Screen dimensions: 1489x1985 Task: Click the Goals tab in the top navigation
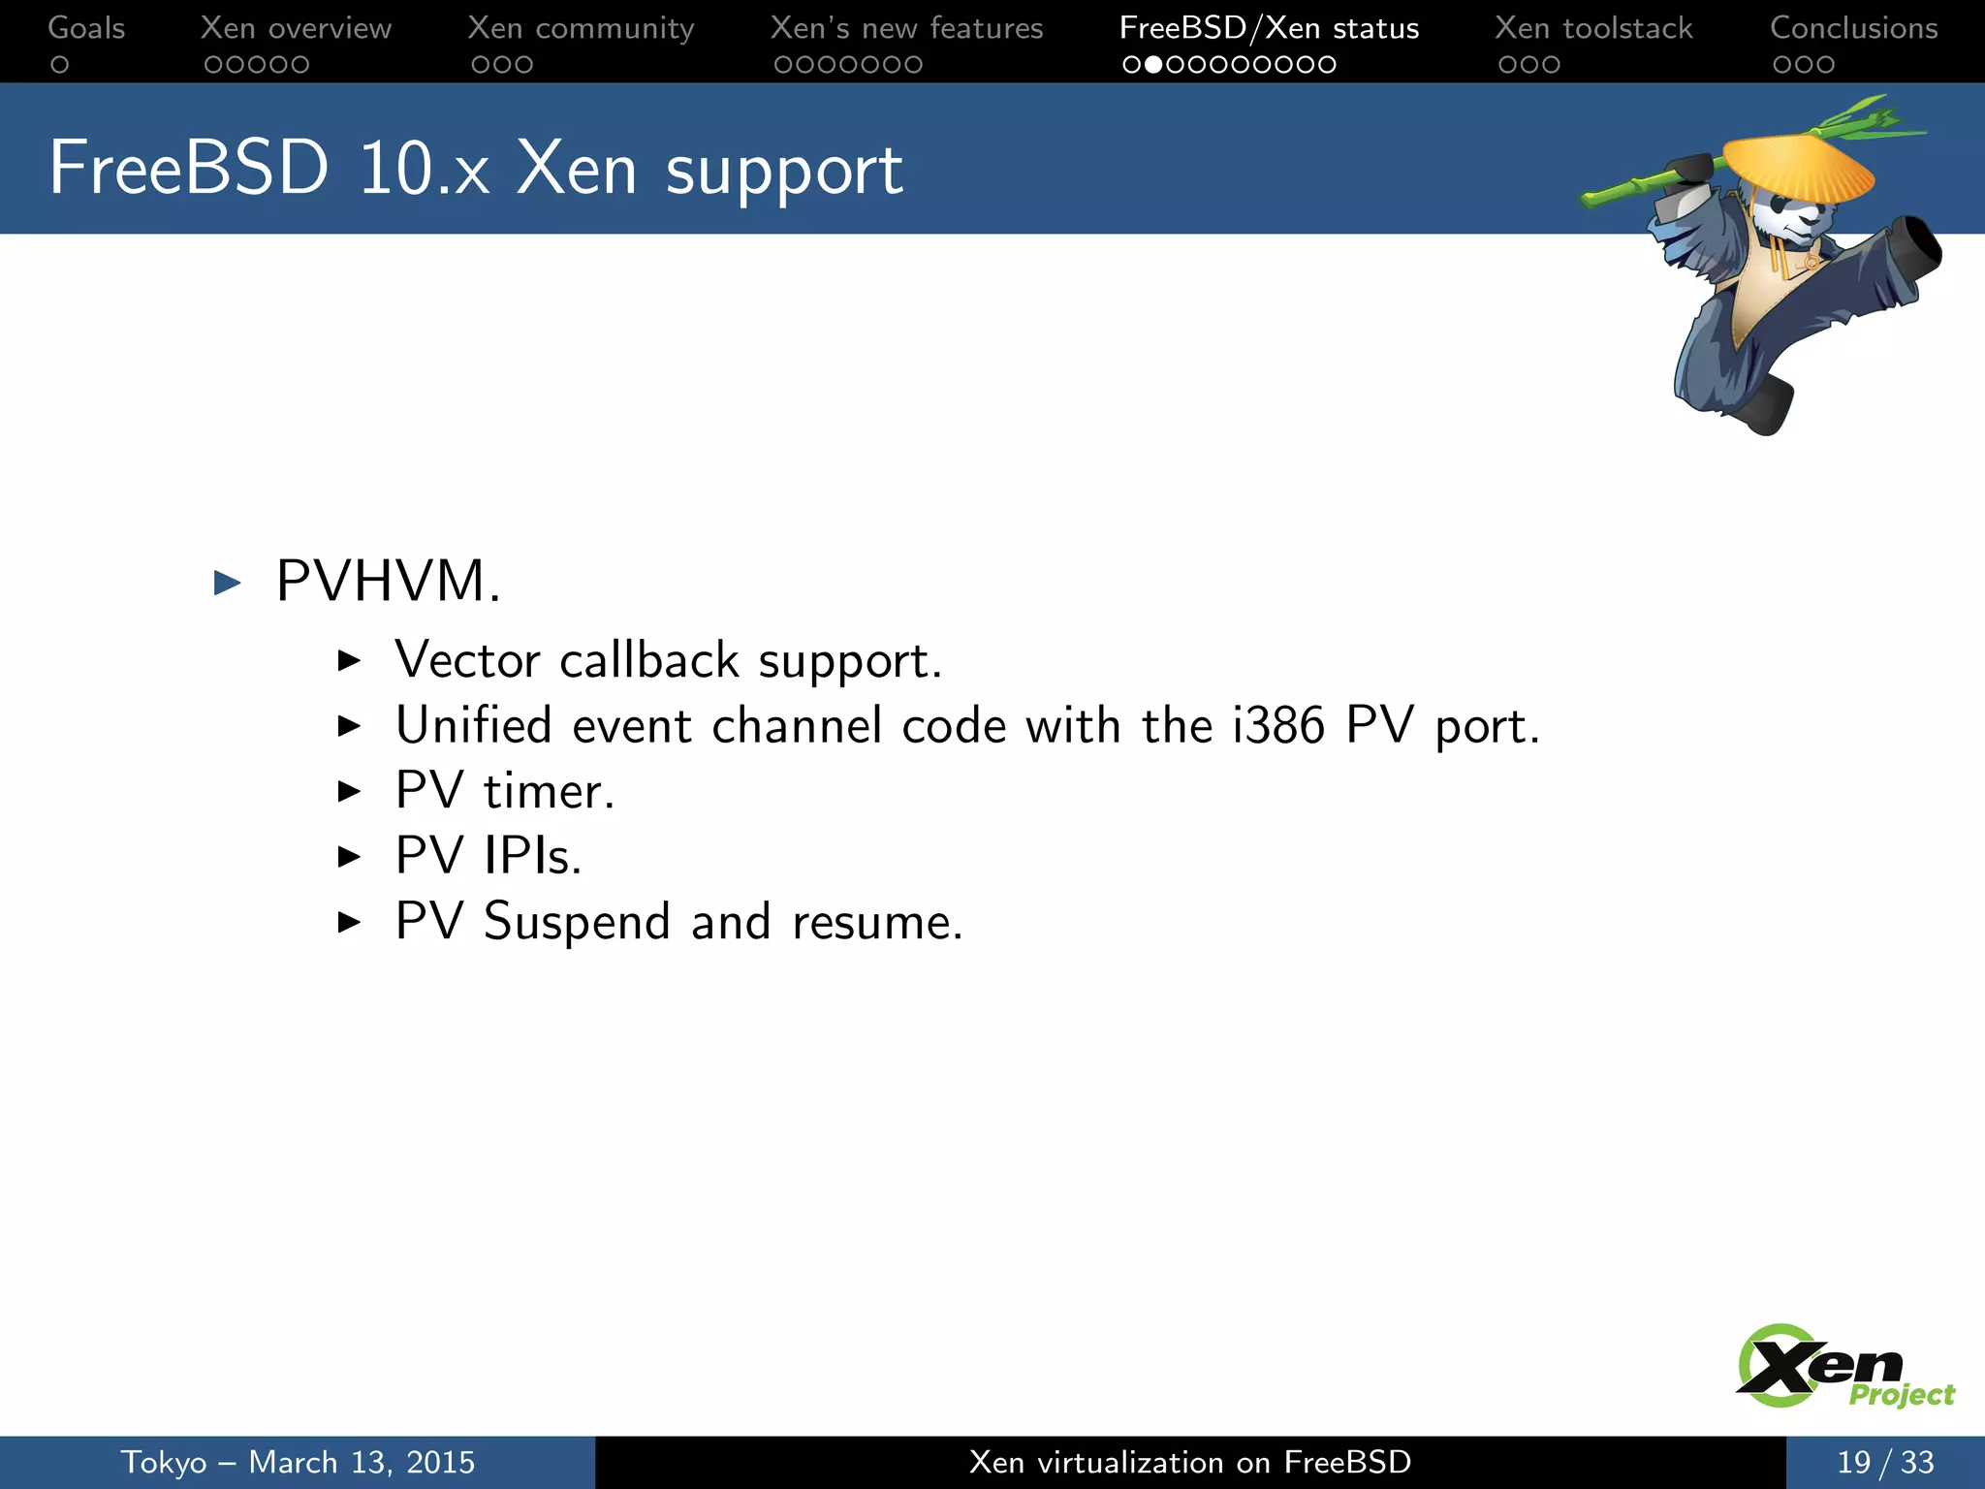coord(86,28)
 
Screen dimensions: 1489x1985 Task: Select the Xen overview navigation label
coord(296,28)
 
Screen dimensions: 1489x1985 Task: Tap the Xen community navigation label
coord(581,28)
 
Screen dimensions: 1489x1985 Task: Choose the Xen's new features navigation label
coord(906,28)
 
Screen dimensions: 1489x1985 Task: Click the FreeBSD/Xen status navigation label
coord(1269,28)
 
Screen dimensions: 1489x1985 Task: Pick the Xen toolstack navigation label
coord(1593,28)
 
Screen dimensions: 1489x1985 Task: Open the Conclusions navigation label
coord(1853,28)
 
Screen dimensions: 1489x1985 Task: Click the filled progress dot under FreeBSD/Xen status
coord(1153,65)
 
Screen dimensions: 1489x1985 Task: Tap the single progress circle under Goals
coord(60,65)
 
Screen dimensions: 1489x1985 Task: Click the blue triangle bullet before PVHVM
coord(227,583)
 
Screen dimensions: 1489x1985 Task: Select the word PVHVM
coord(388,582)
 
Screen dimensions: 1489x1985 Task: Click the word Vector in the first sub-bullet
coord(467,661)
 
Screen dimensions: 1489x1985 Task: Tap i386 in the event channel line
coord(1277,725)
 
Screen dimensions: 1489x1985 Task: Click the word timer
coord(549,791)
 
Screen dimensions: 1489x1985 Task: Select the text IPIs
coord(532,856)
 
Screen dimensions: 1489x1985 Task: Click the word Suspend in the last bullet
coord(577,922)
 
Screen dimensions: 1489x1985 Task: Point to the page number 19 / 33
coord(1884,1462)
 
